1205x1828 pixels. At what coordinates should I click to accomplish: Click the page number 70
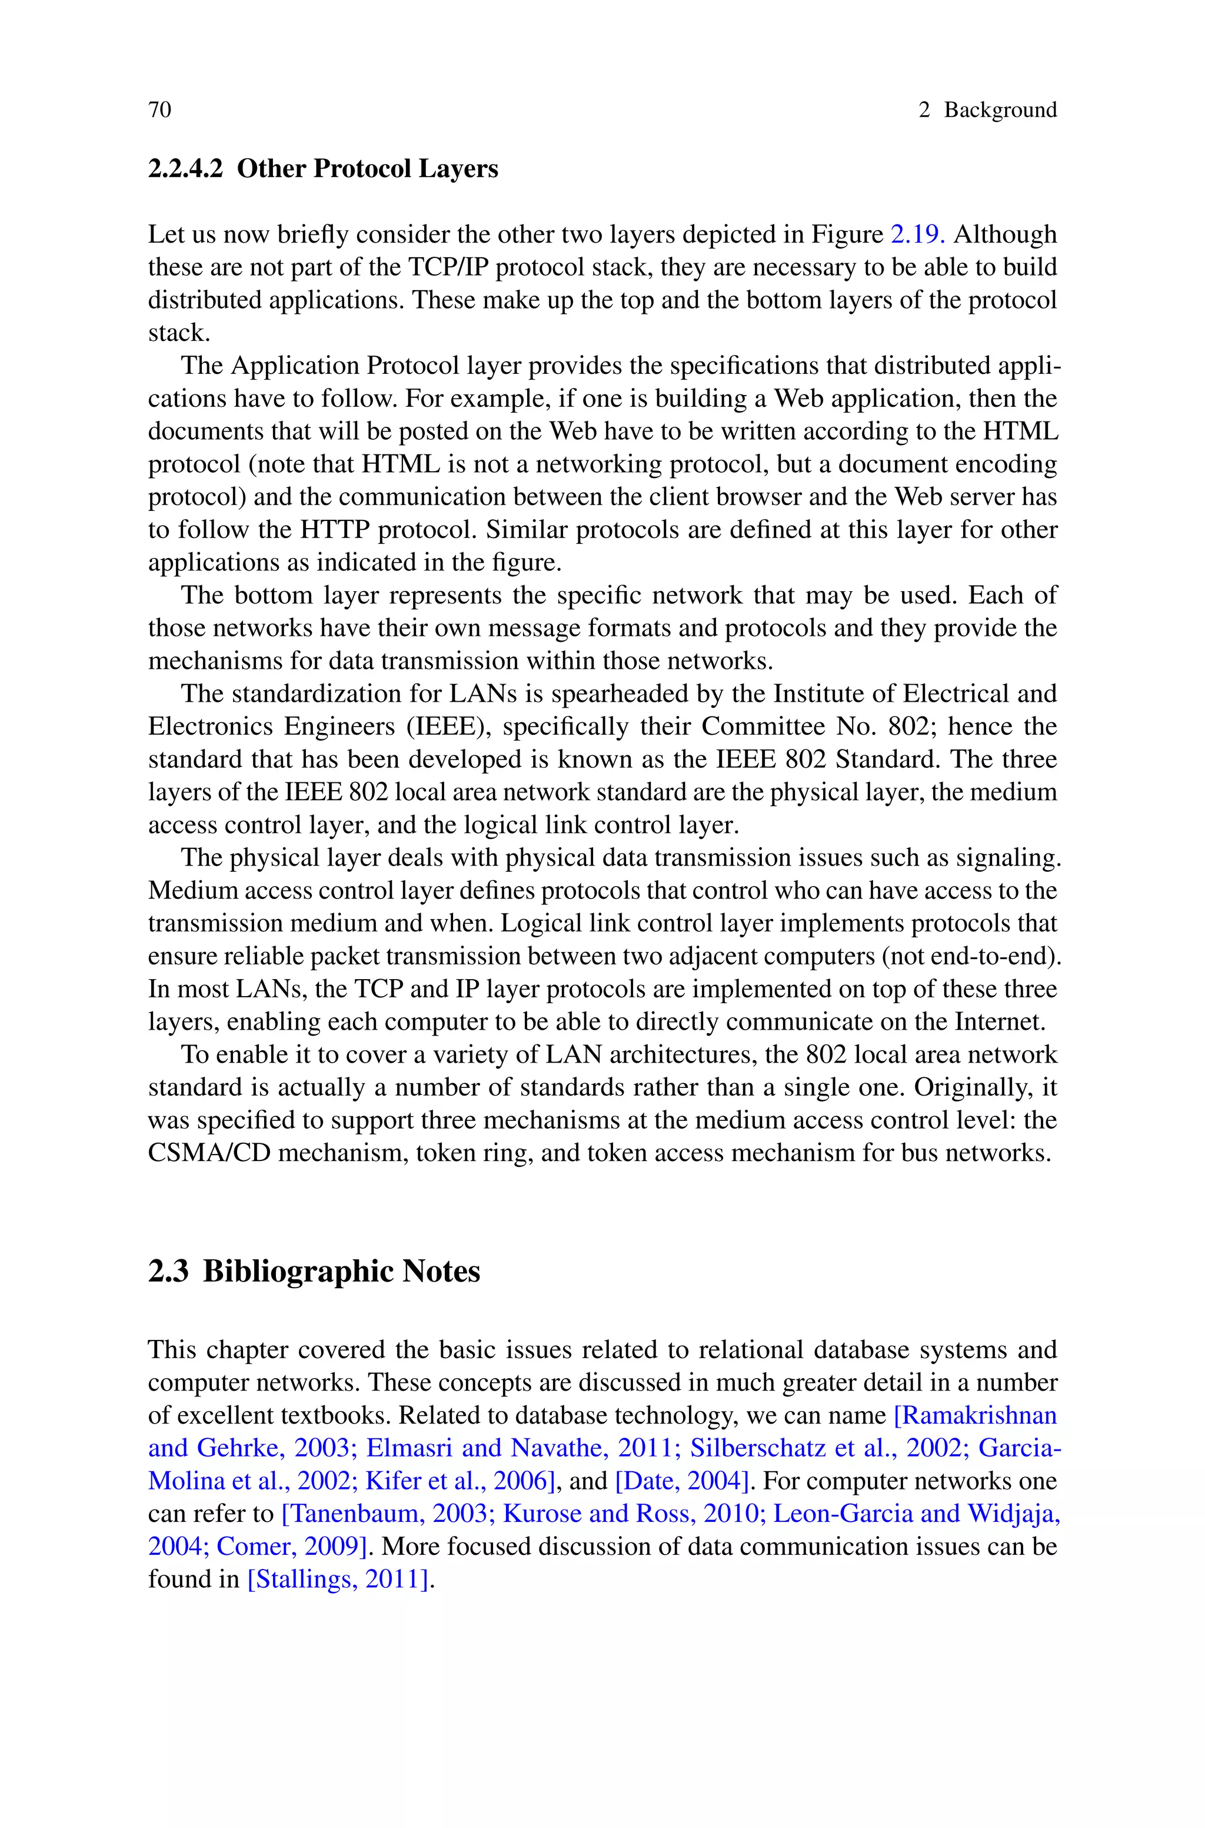pos(160,110)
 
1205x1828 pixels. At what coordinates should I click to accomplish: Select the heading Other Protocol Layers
pos(367,168)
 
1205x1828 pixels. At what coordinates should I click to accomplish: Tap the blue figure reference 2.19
pos(917,234)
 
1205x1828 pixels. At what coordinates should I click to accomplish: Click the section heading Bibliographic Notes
pos(341,1272)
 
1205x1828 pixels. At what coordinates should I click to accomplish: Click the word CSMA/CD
pos(209,1153)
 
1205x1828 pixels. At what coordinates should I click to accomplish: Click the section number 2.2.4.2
pos(185,168)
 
